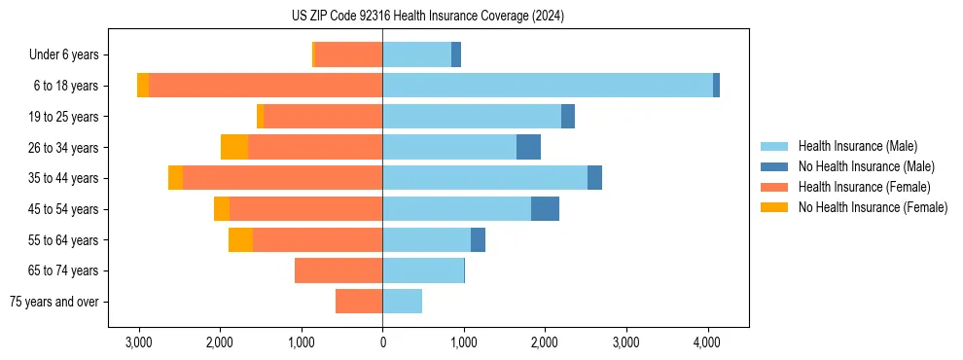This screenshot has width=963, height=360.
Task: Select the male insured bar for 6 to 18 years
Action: pos(548,86)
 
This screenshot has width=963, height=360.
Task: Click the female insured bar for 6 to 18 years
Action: pos(266,86)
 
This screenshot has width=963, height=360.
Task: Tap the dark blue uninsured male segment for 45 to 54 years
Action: pos(545,209)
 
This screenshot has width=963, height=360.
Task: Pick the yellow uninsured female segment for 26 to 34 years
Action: pos(234,147)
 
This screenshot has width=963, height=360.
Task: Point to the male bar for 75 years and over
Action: pos(402,302)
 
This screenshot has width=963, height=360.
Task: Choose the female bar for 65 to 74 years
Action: pos(339,270)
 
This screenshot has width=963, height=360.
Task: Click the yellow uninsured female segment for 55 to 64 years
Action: pos(240,240)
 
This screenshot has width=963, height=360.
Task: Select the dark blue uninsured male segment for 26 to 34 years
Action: pos(528,147)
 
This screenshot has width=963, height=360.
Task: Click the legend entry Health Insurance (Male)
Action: pos(857,146)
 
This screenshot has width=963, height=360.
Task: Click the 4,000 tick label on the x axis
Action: pos(707,342)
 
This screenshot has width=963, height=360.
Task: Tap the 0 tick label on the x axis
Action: pos(382,342)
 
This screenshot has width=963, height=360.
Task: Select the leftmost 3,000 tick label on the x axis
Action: pos(138,342)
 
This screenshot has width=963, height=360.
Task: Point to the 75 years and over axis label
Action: pos(53,302)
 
